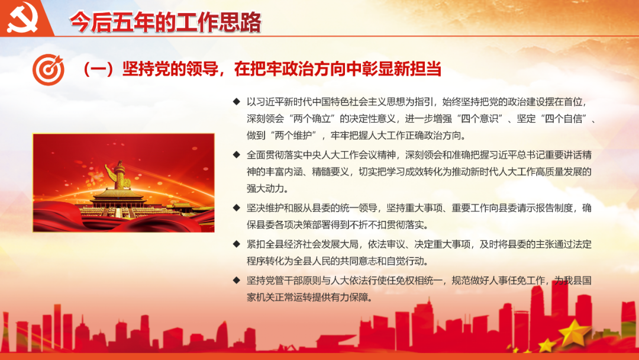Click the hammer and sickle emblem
[22, 18]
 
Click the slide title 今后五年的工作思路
[165, 22]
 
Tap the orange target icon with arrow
[49, 69]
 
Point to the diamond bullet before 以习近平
[236, 101]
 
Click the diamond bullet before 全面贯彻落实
[236, 155]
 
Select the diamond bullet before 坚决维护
[236, 208]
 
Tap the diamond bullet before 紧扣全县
[236, 244]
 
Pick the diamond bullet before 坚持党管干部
[236, 281]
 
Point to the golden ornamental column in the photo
[120, 176]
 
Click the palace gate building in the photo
[118, 202]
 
